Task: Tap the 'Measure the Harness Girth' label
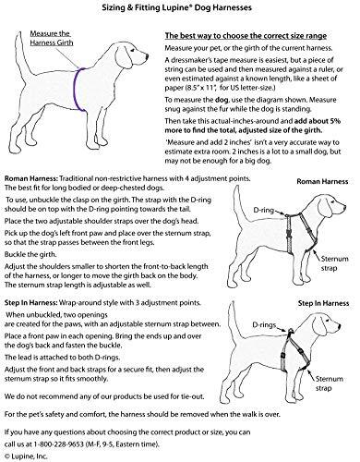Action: [x=52, y=38]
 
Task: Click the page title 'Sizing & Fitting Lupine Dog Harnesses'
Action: [x=177, y=7]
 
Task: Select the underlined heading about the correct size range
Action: [x=246, y=36]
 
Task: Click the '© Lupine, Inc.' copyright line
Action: [x=26, y=456]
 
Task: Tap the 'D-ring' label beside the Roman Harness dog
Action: [x=263, y=211]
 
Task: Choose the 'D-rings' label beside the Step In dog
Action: [x=264, y=325]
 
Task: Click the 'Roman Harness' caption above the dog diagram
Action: [x=322, y=181]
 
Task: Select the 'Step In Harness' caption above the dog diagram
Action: [x=323, y=303]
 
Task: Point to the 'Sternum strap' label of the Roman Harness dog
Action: [x=334, y=263]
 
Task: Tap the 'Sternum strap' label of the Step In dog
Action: [x=329, y=383]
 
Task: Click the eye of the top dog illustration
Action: [x=132, y=50]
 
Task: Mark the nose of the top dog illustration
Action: [x=147, y=57]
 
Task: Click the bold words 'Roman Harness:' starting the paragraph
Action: [x=31, y=178]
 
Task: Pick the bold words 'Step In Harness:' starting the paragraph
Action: [x=30, y=303]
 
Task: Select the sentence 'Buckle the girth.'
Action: [x=30, y=255]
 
